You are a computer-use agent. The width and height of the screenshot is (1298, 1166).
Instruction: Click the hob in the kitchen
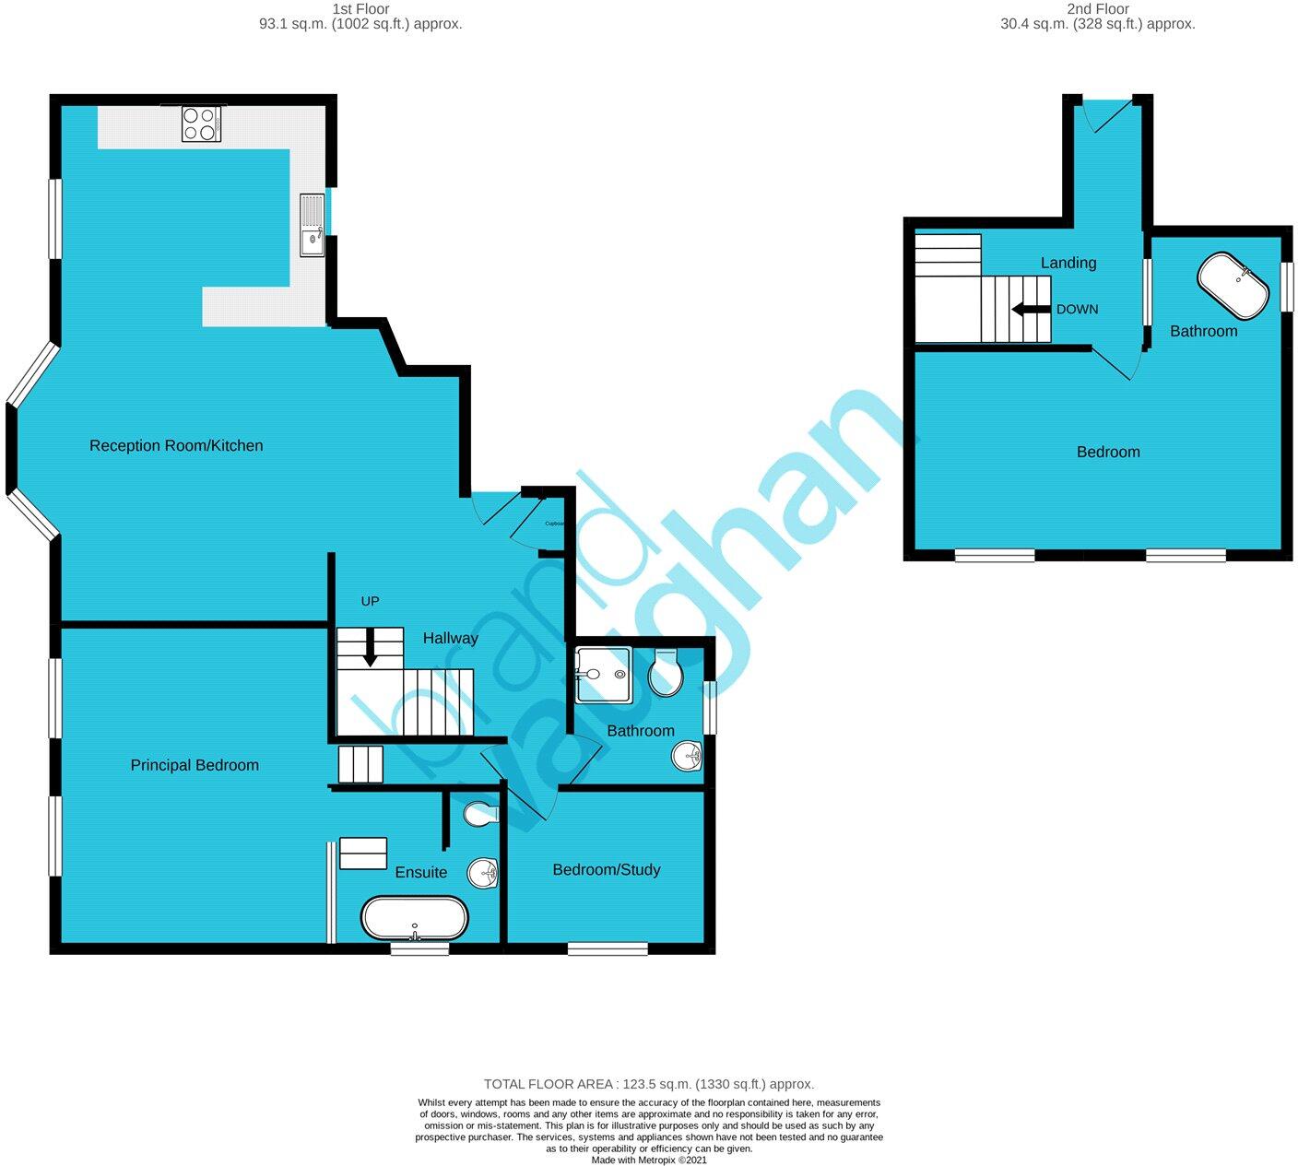point(201,124)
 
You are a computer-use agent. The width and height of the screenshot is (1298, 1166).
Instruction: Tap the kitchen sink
point(312,224)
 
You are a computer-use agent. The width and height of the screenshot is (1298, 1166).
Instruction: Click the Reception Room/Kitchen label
point(176,446)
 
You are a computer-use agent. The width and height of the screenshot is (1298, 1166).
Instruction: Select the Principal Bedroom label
point(195,765)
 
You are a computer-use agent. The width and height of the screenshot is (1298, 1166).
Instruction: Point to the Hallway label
point(450,638)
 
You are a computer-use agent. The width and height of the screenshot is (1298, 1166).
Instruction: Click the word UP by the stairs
point(370,601)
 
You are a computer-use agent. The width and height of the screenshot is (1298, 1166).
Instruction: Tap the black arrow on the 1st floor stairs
point(370,648)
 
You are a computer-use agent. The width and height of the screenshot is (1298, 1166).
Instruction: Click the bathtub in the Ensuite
point(414,918)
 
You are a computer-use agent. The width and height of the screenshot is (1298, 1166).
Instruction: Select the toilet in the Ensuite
point(480,814)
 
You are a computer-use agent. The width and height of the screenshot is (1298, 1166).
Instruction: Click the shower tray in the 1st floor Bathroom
point(603,674)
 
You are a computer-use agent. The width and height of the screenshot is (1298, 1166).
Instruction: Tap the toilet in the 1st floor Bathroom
point(666,673)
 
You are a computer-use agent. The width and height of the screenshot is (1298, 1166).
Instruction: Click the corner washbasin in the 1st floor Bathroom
point(688,757)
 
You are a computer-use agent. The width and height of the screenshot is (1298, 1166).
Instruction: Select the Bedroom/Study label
point(607,869)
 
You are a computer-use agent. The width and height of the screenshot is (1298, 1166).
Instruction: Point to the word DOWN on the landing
point(1077,310)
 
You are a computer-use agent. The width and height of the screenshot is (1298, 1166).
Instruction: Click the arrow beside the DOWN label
point(1031,310)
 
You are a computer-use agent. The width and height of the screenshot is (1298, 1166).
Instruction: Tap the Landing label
point(1068,263)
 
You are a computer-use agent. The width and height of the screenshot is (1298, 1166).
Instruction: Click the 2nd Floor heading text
point(1097,9)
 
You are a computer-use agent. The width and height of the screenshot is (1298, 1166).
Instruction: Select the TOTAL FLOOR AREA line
point(649,1084)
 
